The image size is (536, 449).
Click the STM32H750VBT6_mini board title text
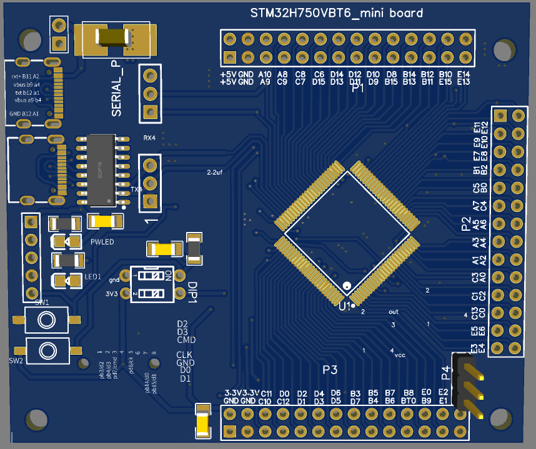337,13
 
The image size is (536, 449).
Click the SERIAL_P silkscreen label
117,89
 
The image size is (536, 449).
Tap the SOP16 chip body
100,170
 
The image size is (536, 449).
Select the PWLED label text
102,242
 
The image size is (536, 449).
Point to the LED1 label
92,276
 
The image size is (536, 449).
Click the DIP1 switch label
192,289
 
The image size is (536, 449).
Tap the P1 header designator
358,89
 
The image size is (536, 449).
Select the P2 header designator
465,224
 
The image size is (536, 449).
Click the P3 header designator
330,370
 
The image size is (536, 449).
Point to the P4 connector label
446,373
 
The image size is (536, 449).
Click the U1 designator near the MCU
344,307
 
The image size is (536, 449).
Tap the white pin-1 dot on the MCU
345,286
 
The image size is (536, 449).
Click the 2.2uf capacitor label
214,171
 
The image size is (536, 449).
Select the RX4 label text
149,137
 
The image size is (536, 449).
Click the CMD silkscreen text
186,340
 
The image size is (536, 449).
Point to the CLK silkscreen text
184,355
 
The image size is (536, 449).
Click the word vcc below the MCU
400,355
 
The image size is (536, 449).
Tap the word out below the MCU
393,311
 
